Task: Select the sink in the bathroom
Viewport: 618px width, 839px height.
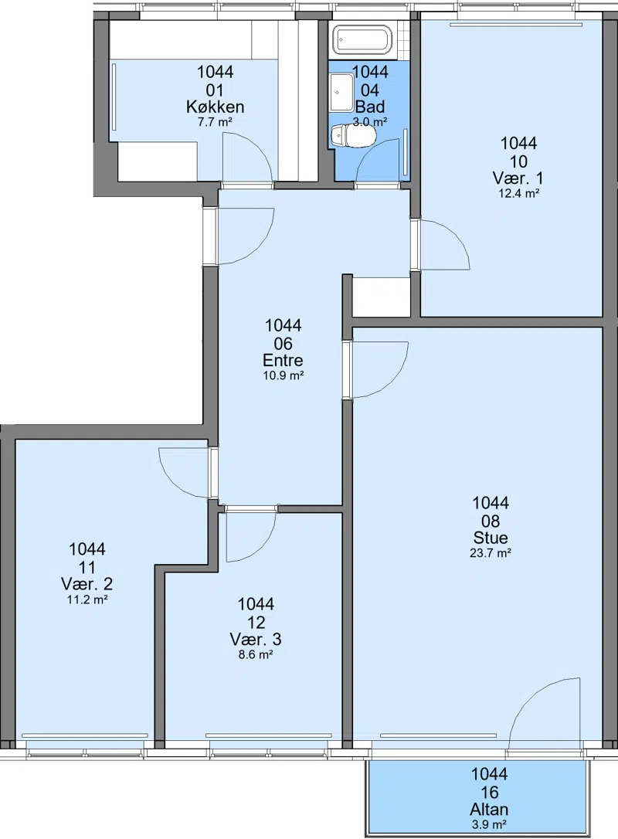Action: point(341,93)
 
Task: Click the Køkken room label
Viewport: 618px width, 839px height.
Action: point(215,107)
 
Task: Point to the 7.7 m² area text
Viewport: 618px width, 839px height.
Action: point(215,122)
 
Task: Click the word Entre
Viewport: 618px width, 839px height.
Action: point(283,360)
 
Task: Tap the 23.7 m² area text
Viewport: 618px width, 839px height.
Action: point(490,553)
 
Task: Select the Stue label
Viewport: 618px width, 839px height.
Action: point(491,538)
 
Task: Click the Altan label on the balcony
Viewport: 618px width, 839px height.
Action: point(490,809)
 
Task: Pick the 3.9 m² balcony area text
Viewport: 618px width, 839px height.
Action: point(490,824)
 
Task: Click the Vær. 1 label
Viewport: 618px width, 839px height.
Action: point(518,178)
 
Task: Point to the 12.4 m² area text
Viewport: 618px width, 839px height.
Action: point(518,194)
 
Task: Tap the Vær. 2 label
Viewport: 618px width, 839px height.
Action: point(87,584)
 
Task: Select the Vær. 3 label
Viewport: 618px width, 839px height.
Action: point(256,639)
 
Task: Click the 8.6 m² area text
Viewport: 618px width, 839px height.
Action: point(256,654)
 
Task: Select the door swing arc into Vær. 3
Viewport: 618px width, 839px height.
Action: point(263,549)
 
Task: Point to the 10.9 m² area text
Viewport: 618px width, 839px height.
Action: point(283,375)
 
